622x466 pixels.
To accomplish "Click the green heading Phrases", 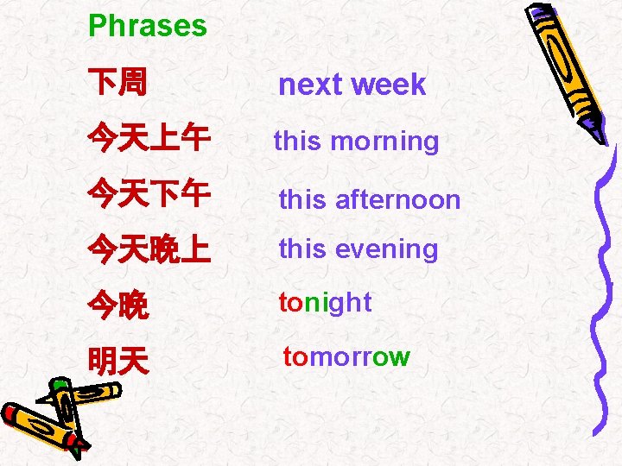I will coord(148,26).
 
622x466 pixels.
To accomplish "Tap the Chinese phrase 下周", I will coord(117,84).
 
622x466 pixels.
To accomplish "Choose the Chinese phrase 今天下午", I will coord(149,194).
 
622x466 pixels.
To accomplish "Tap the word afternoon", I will coord(397,200).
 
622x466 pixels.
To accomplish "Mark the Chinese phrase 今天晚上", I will coord(149,250).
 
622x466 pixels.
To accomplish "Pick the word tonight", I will coord(325,303).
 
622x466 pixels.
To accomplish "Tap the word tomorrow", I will coord(346,357).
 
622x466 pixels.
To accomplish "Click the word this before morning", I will coord(296,142).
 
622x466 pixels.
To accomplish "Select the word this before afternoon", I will coord(301,200).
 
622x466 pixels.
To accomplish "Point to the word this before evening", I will coord(301,249).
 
